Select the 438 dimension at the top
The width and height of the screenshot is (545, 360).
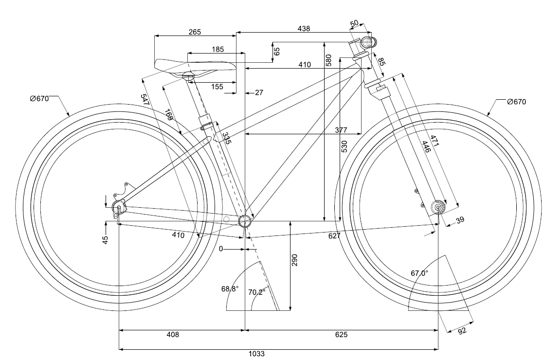(304, 29)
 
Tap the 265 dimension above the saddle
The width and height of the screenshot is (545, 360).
(194, 32)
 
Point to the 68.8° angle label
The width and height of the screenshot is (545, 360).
(230, 289)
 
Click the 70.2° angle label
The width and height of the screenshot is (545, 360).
(257, 292)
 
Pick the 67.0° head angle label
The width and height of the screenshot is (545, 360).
(419, 273)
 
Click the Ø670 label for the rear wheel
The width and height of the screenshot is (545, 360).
(39, 99)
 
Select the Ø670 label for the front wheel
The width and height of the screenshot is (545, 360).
(516, 102)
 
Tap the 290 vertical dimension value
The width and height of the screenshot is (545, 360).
(294, 260)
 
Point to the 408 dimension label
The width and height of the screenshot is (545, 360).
(173, 335)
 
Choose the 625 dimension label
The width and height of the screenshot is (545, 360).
(341, 335)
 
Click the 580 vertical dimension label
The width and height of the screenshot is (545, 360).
(328, 60)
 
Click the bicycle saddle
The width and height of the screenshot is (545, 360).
(195, 66)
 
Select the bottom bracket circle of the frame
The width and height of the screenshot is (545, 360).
(245, 221)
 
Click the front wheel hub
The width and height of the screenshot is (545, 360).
(438, 208)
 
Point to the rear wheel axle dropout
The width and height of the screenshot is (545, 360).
(118, 208)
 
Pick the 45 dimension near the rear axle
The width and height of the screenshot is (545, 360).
(105, 239)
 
